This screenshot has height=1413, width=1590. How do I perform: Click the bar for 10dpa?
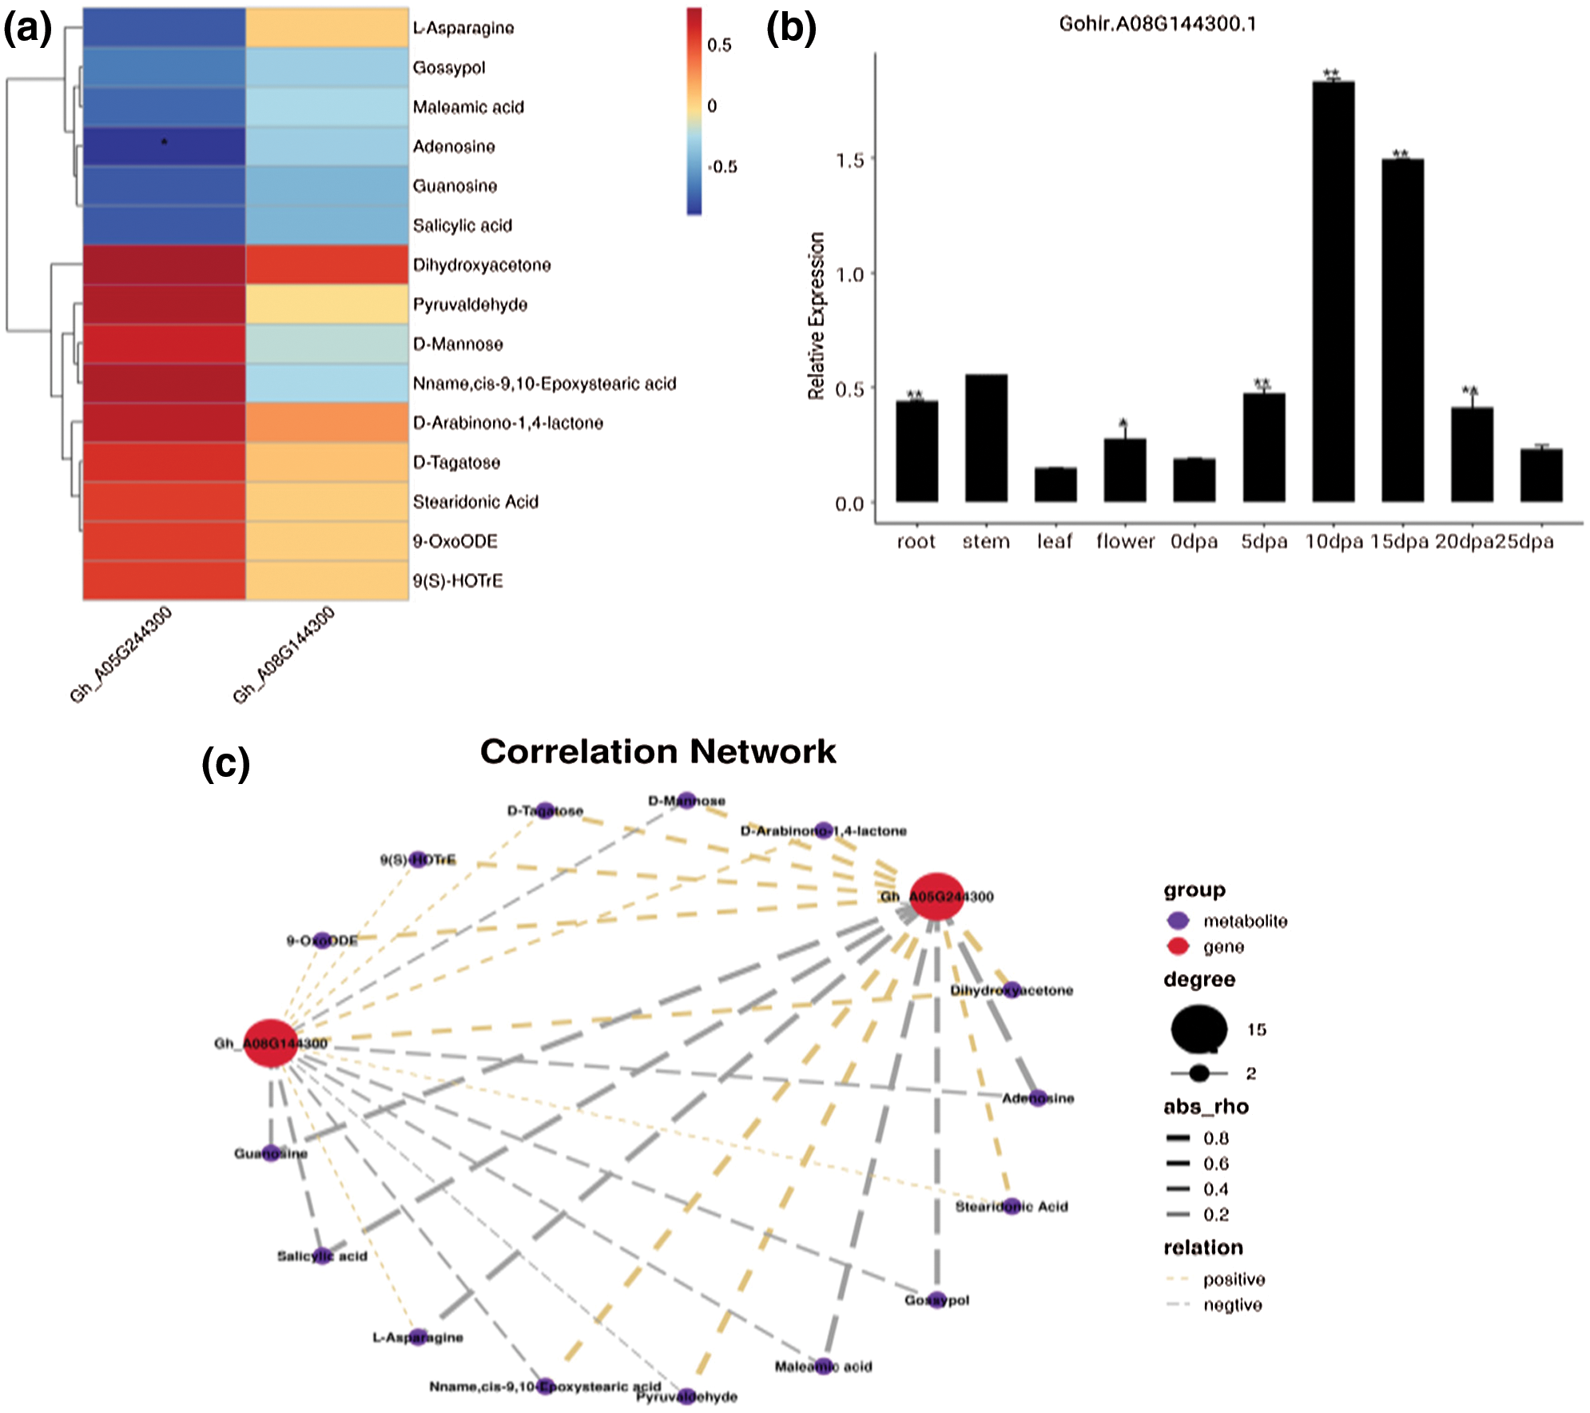point(1333,292)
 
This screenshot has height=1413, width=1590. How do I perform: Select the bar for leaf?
point(1055,484)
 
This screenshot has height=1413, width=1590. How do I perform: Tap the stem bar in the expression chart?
point(986,438)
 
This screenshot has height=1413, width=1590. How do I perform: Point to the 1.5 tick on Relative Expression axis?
point(850,160)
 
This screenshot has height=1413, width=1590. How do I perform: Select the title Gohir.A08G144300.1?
point(1157,24)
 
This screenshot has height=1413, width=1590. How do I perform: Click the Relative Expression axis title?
point(816,316)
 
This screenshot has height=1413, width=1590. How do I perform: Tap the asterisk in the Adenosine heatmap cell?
point(165,143)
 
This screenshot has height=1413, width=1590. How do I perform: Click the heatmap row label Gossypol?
point(449,68)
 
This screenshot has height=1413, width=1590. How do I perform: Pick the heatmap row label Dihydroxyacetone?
point(482,265)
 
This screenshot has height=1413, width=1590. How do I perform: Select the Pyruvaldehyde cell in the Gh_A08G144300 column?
point(327,304)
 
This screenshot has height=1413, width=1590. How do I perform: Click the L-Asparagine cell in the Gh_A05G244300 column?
point(164,28)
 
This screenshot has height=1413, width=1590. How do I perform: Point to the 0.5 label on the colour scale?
point(719,46)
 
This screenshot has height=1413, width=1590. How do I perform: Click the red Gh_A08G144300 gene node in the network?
point(270,1043)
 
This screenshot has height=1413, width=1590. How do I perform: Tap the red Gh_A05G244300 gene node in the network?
point(936,896)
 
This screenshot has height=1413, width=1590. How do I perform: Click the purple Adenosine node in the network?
point(1037,1097)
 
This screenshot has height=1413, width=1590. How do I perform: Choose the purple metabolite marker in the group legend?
point(1178,921)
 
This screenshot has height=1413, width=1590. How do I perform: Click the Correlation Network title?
point(658,751)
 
